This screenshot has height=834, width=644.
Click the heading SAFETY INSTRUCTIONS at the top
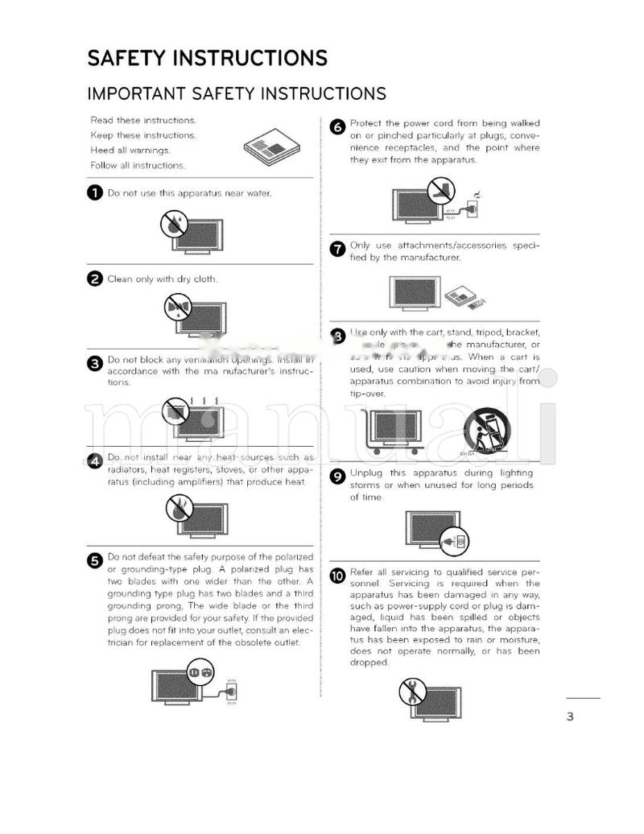point(207,59)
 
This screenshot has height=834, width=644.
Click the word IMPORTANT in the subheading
point(136,93)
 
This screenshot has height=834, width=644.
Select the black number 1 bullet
point(95,193)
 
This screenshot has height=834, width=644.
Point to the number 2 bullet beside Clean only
point(95,279)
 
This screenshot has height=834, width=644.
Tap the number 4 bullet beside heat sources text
point(95,460)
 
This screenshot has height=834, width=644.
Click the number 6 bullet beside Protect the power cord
point(338,126)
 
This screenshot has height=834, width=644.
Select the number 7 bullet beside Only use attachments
point(338,249)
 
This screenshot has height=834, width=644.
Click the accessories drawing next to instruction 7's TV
point(467,296)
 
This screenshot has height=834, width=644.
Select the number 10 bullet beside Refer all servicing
point(337,575)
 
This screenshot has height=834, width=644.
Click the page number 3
point(570,716)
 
